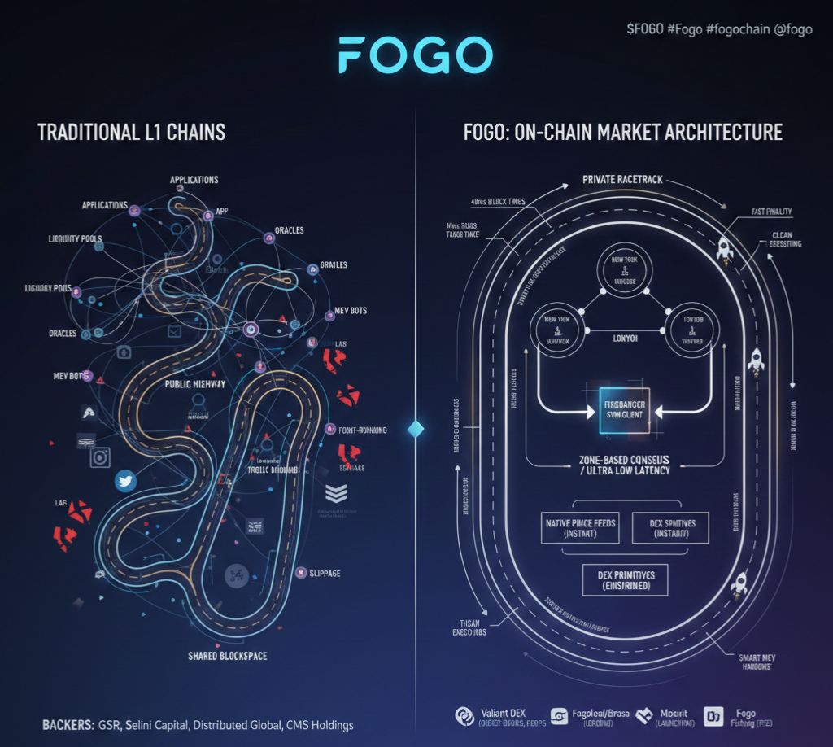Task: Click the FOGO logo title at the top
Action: [416, 55]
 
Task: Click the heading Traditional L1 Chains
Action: [131, 132]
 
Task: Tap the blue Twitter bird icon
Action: [125, 481]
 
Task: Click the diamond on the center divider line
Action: [416, 429]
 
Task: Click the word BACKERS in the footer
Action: [66, 724]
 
